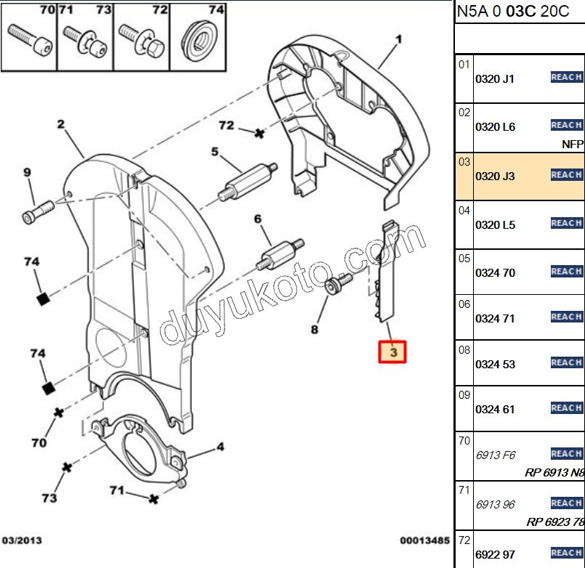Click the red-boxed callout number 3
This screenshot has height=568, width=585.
[392, 353]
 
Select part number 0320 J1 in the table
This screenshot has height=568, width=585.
[495, 79]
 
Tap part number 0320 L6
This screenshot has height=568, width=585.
[495, 127]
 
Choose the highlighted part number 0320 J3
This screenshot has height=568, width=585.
[495, 176]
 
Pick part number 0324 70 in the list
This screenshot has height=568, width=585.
[495, 273]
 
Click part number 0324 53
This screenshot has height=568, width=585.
[495, 364]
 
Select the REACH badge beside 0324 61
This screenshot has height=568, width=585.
[566, 408]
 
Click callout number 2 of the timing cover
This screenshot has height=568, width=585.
[61, 124]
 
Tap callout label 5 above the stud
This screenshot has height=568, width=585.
[215, 152]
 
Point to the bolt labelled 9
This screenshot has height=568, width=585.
[35, 211]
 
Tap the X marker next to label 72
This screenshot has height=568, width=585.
[258, 133]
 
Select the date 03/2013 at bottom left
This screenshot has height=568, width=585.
[22, 540]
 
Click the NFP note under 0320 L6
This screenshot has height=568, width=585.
[573, 144]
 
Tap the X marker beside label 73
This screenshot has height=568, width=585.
[66, 467]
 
